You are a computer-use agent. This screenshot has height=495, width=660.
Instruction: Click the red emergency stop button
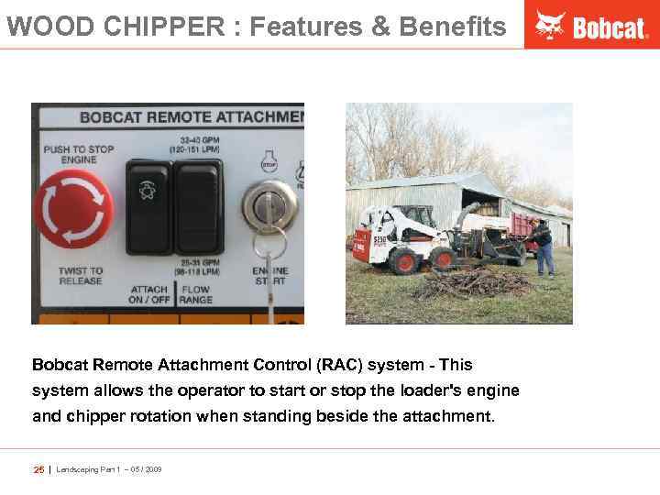click(x=73, y=208)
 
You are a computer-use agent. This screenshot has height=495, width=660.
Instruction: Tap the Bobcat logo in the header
click(x=592, y=25)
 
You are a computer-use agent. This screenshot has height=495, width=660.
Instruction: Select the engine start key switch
click(x=269, y=207)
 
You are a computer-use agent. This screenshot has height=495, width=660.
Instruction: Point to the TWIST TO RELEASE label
click(x=81, y=276)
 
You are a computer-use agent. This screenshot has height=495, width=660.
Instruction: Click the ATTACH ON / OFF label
click(x=148, y=294)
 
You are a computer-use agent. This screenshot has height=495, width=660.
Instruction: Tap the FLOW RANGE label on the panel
click(x=196, y=294)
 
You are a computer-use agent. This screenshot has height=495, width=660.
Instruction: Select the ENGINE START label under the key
click(x=270, y=276)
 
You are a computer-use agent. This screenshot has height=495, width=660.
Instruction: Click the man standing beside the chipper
click(x=544, y=247)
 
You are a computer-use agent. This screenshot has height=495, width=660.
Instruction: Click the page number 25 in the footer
click(x=38, y=469)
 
